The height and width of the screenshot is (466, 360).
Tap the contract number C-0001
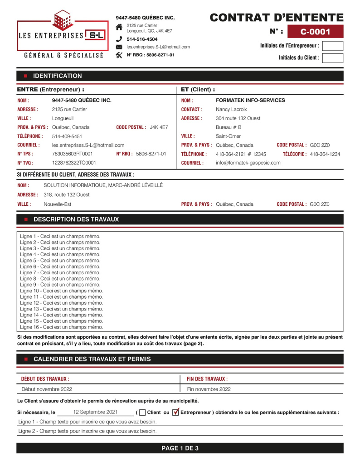pos(315,32)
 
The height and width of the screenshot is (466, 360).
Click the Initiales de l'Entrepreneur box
pos(332,46)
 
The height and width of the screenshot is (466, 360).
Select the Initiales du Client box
pos(332,58)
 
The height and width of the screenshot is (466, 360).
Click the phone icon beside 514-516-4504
pos(119,39)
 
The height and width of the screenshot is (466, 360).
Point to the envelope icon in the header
pos(119,47)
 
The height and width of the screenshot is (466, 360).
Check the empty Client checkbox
pos(142,413)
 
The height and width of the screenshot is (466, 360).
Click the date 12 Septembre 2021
pos(95,412)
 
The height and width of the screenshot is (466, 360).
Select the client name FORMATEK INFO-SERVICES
pos(250,100)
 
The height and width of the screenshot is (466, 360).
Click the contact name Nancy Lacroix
pos(231,109)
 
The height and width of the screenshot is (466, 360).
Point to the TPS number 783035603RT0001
pos(73,154)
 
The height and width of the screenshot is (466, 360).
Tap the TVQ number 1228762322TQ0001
pos(74,163)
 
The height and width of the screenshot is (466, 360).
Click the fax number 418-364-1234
pos(325,154)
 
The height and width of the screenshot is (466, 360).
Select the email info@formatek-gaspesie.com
pos(248,163)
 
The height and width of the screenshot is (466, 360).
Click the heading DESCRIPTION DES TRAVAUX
pos(76,219)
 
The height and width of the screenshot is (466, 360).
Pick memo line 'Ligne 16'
pos(61,327)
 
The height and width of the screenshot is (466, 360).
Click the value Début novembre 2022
pos(47,389)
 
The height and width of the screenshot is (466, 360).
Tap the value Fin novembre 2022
pos(209,389)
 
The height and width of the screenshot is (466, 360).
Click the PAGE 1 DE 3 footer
pos(180,448)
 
